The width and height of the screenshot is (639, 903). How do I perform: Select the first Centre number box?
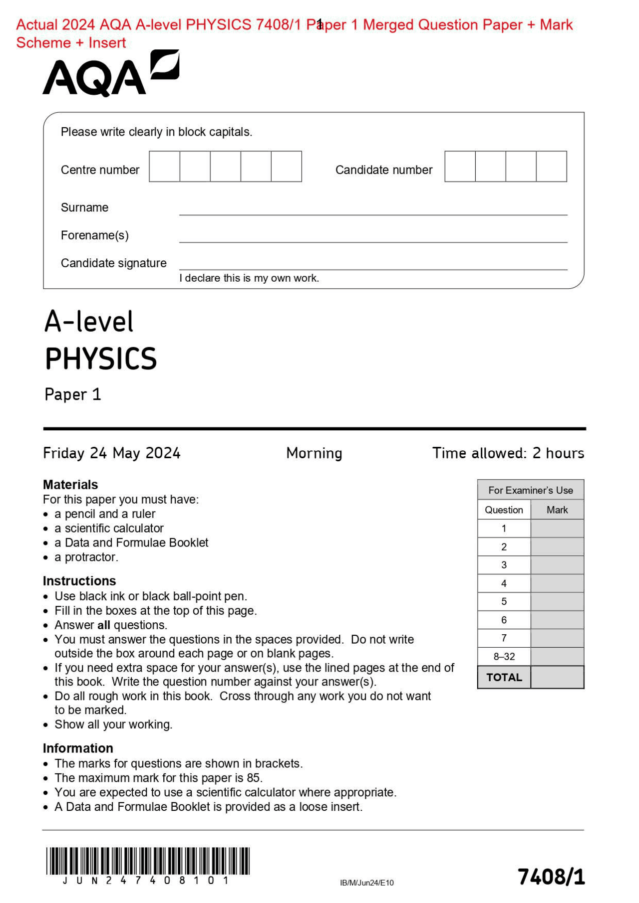(164, 167)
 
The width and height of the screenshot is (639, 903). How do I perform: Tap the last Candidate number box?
(551, 167)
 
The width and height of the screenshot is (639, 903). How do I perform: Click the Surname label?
(84, 207)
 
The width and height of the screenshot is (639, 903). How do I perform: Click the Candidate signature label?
(113, 263)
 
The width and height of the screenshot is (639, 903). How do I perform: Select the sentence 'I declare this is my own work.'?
(249, 278)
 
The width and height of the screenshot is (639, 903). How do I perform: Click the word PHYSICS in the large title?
(101, 359)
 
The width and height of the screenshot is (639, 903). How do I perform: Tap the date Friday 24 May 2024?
(111, 453)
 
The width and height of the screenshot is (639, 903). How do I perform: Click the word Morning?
(314, 453)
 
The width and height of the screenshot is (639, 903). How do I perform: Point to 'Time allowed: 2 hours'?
(508, 453)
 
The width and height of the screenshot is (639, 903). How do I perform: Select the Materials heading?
(70, 484)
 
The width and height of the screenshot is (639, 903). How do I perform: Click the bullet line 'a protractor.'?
(86, 557)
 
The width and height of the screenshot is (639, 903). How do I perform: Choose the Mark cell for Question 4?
(557, 583)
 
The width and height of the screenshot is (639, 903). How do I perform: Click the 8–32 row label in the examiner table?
(504, 656)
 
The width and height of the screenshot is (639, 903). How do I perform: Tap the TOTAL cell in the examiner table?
(504, 677)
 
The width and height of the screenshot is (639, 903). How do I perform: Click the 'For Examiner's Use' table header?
(530, 490)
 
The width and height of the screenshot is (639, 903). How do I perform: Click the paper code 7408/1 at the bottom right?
(551, 877)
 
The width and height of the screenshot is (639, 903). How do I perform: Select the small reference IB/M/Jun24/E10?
(366, 883)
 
